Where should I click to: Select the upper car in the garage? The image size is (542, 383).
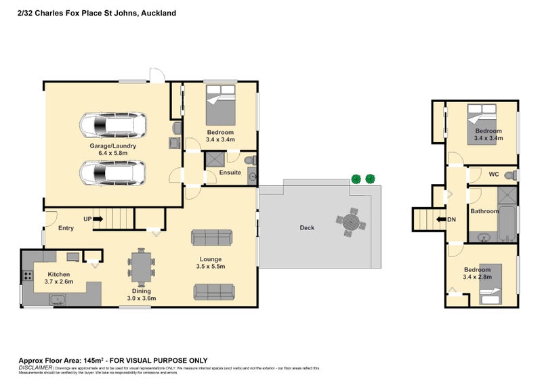click(112, 125)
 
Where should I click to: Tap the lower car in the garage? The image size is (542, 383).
click(112, 173)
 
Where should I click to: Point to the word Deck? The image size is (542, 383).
click(307, 228)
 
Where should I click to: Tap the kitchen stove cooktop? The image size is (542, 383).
click(28, 275)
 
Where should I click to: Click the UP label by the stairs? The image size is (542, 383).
click(87, 219)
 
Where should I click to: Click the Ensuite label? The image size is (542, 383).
click(230, 173)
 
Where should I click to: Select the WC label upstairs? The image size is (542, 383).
click(493, 175)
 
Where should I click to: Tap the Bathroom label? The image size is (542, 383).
click(484, 211)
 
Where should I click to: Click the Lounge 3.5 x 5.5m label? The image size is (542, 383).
click(210, 263)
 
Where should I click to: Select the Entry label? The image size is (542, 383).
click(66, 228)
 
